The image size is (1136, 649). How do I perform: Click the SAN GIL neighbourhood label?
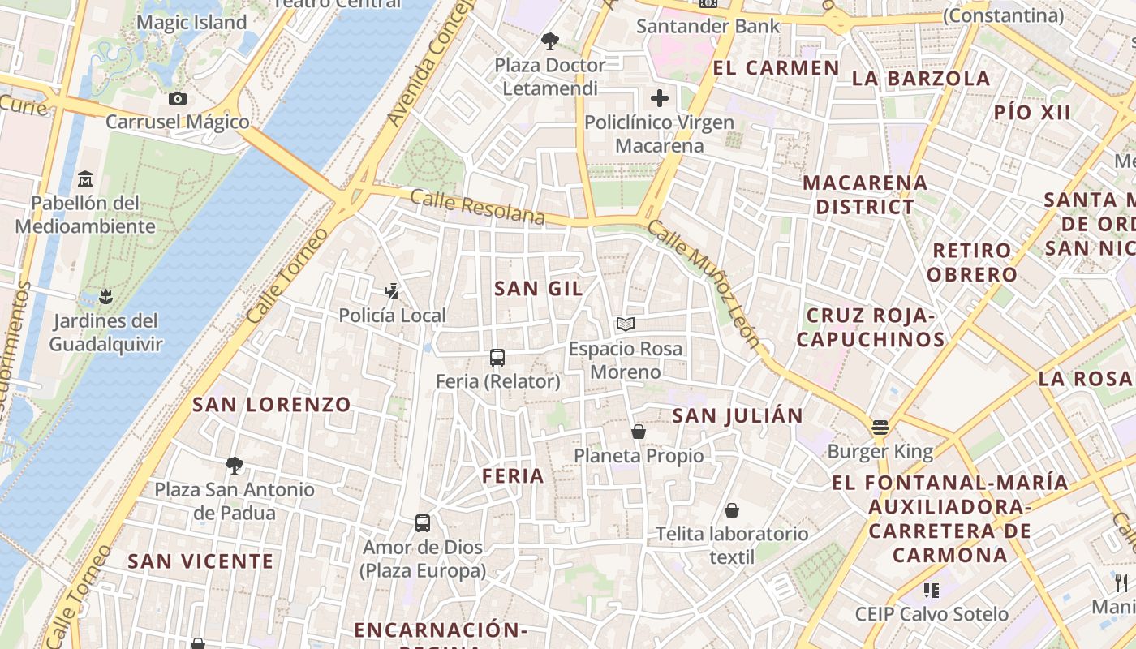pyautogui.click(x=539, y=288)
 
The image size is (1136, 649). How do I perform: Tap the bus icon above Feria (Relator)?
pyautogui.click(x=497, y=357)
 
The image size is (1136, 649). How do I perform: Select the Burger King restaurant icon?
pyautogui.click(x=880, y=427)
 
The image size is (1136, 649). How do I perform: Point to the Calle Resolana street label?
pyautogui.click(x=477, y=207)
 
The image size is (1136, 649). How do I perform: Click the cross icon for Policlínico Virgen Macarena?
pyautogui.click(x=660, y=99)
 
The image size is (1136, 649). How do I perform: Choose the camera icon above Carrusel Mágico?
pyautogui.click(x=178, y=99)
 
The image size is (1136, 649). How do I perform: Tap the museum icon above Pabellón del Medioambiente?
pyautogui.click(x=85, y=178)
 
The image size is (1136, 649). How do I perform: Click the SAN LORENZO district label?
pyautogui.click(x=272, y=404)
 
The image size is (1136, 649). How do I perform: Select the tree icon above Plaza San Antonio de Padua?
pyautogui.click(x=235, y=465)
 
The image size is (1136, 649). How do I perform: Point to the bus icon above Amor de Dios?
pyautogui.click(x=423, y=522)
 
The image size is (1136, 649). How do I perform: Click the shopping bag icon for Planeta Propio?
pyautogui.click(x=639, y=432)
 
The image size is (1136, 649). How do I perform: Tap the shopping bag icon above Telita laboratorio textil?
pyautogui.click(x=732, y=510)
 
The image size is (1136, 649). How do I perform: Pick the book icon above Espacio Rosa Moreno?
pyautogui.click(x=625, y=324)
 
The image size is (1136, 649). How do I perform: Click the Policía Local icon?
pyautogui.click(x=392, y=290)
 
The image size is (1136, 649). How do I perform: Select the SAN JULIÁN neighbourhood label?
pyautogui.click(x=738, y=416)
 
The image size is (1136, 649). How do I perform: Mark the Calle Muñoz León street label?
pyautogui.click(x=704, y=284)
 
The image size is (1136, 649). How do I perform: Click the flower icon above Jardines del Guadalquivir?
pyautogui.click(x=105, y=296)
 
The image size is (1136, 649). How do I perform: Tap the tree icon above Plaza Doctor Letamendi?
pyautogui.click(x=549, y=41)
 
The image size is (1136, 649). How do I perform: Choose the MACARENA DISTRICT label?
pyautogui.click(x=865, y=195)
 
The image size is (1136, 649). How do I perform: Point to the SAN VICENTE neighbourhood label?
pyautogui.click(x=200, y=561)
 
